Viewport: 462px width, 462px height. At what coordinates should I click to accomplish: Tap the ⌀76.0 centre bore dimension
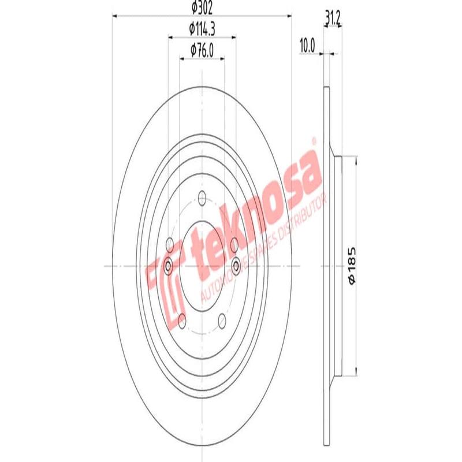(202, 50)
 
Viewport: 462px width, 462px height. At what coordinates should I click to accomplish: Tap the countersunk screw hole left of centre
(168, 266)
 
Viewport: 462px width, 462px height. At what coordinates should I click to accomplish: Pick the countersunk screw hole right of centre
(236, 266)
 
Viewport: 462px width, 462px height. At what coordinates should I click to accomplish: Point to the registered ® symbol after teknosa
(314, 141)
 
